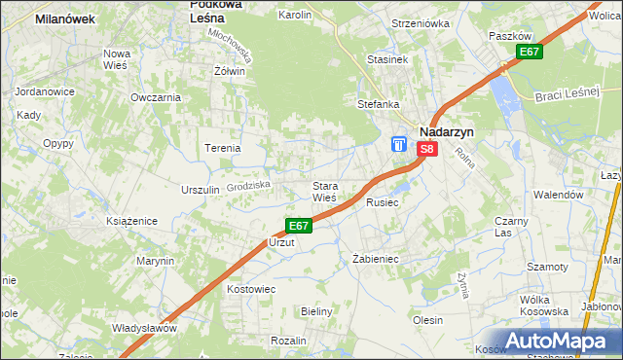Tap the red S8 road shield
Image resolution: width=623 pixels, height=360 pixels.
[x=427, y=149]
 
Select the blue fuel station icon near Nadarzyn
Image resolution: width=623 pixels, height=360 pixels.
[x=399, y=144]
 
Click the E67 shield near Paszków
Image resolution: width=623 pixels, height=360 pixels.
[x=529, y=52]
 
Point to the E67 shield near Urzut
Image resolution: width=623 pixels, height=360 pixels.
[x=298, y=226]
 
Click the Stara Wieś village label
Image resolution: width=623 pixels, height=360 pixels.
[x=324, y=191]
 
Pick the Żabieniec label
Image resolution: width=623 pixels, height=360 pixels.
[x=375, y=260]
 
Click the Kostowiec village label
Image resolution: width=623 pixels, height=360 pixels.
[x=252, y=290]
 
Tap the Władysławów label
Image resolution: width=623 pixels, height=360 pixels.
[x=144, y=328]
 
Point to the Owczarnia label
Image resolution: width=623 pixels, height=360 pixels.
[x=156, y=97]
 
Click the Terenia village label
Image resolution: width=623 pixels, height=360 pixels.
[x=222, y=148]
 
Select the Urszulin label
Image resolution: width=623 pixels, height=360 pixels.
[x=200, y=190]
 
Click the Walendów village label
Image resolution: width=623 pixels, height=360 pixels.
[x=557, y=195]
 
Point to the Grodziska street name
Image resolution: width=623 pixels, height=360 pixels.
[x=246, y=184]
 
